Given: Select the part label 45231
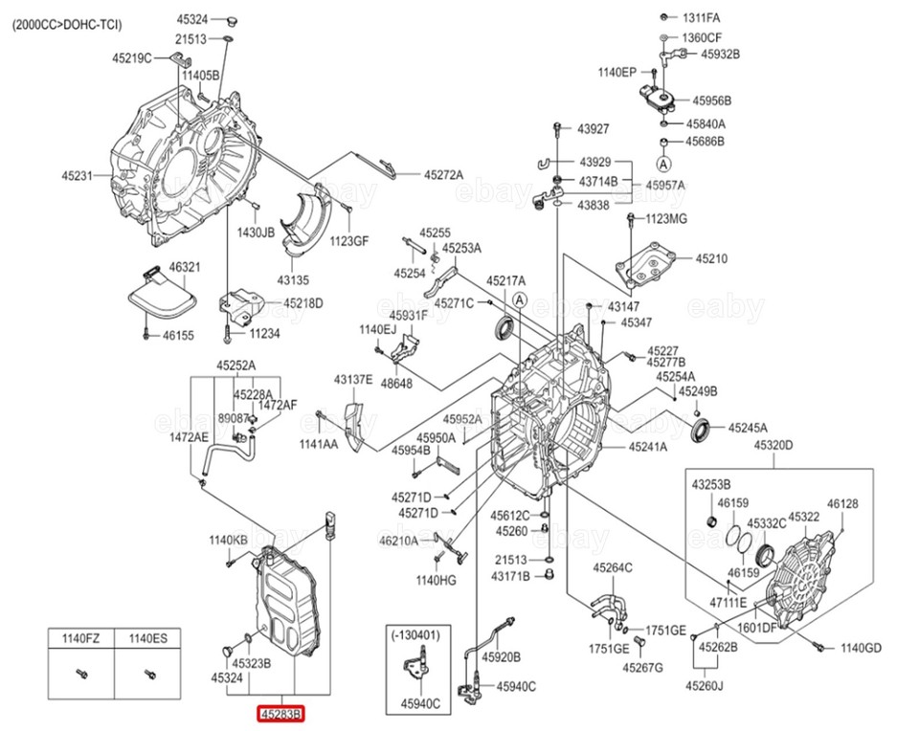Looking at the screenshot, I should pyautogui.click(x=78, y=175).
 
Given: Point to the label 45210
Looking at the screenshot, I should pyautogui.click(x=711, y=258).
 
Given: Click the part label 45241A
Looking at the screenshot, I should pyautogui.click(x=648, y=447).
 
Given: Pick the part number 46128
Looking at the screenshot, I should pyautogui.click(x=842, y=503).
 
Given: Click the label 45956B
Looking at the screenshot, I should pyautogui.click(x=712, y=100).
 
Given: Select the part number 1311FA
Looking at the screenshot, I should pyautogui.click(x=701, y=18).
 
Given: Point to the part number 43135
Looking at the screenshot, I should pyautogui.click(x=293, y=280).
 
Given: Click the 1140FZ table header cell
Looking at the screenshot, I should pyautogui.click(x=81, y=637).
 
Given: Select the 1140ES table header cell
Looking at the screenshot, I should pyautogui.click(x=148, y=637).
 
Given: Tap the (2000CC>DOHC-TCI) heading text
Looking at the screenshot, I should pyautogui.click(x=67, y=25).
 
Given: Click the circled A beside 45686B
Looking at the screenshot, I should pyautogui.click(x=662, y=166).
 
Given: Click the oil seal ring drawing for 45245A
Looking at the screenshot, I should pyautogui.click(x=702, y=431).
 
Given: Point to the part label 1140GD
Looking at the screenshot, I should pyautogui.click(x=861, y=649).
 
